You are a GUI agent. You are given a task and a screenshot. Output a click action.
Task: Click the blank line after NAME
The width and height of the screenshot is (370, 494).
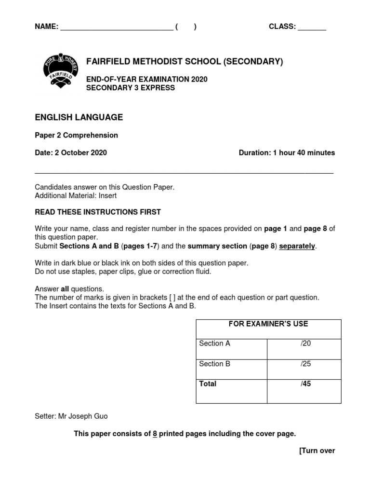pos(116,28)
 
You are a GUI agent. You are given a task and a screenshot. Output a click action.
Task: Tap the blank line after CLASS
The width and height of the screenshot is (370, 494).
pos(312,28)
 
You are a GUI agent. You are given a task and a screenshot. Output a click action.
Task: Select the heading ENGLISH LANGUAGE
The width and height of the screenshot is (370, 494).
pos(79,117)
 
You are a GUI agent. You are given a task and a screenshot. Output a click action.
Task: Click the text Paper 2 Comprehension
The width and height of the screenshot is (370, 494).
pos(76,136)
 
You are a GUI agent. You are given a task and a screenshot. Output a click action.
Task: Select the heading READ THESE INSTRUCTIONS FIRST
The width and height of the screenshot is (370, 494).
pos(98,212)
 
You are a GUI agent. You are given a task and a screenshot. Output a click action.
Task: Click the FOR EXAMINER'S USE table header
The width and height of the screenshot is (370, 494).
pos(268,324)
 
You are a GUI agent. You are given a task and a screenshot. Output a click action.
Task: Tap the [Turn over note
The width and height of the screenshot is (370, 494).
pos(317,451)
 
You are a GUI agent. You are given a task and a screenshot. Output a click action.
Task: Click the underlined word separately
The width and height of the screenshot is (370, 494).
pos(297,246)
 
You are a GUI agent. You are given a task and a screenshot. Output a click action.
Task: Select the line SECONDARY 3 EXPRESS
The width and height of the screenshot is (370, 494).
pos(130,88)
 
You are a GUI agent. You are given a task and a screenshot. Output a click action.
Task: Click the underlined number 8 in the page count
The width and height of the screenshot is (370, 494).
pos(155,434)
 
